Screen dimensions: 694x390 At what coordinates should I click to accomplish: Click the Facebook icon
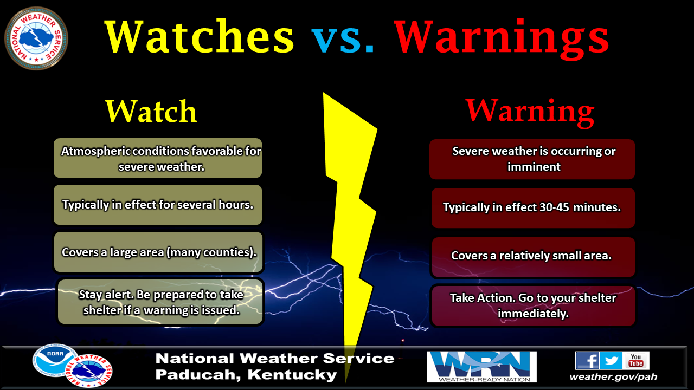tap(587, 360)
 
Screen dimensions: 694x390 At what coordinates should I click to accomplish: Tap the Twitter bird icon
tap(611, 360)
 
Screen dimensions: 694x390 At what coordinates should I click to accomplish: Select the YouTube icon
tap(636, 360)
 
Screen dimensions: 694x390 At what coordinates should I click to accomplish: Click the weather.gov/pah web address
tap(613, 376)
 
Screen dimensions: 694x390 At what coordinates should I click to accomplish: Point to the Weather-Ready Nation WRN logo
tap(481, 367)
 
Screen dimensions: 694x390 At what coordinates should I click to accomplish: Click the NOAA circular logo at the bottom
tap(53, 361)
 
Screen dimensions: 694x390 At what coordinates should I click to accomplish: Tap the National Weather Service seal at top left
tap(36, 38)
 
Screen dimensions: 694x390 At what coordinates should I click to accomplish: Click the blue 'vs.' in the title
tap(343, 38)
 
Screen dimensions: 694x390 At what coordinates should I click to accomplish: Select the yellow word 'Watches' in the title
tap(199, 36)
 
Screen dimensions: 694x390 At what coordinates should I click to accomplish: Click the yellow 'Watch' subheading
tap(151, 111)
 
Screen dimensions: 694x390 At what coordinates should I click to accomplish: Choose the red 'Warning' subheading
tap(530, 112)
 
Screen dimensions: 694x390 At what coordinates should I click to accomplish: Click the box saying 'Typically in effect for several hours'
tap(158, 205)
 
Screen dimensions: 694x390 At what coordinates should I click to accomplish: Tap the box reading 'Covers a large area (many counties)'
tap(158, 252)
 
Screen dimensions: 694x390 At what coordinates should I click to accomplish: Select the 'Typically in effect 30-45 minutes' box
tap(533, 208)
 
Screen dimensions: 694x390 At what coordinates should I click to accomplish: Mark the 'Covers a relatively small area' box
tap(533, 257)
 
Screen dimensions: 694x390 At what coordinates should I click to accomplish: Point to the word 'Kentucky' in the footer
tap(292, 375)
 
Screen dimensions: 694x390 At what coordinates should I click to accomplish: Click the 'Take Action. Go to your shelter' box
tap(533, 306)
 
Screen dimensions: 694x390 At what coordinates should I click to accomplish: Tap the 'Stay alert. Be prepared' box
tap(160, 302)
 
